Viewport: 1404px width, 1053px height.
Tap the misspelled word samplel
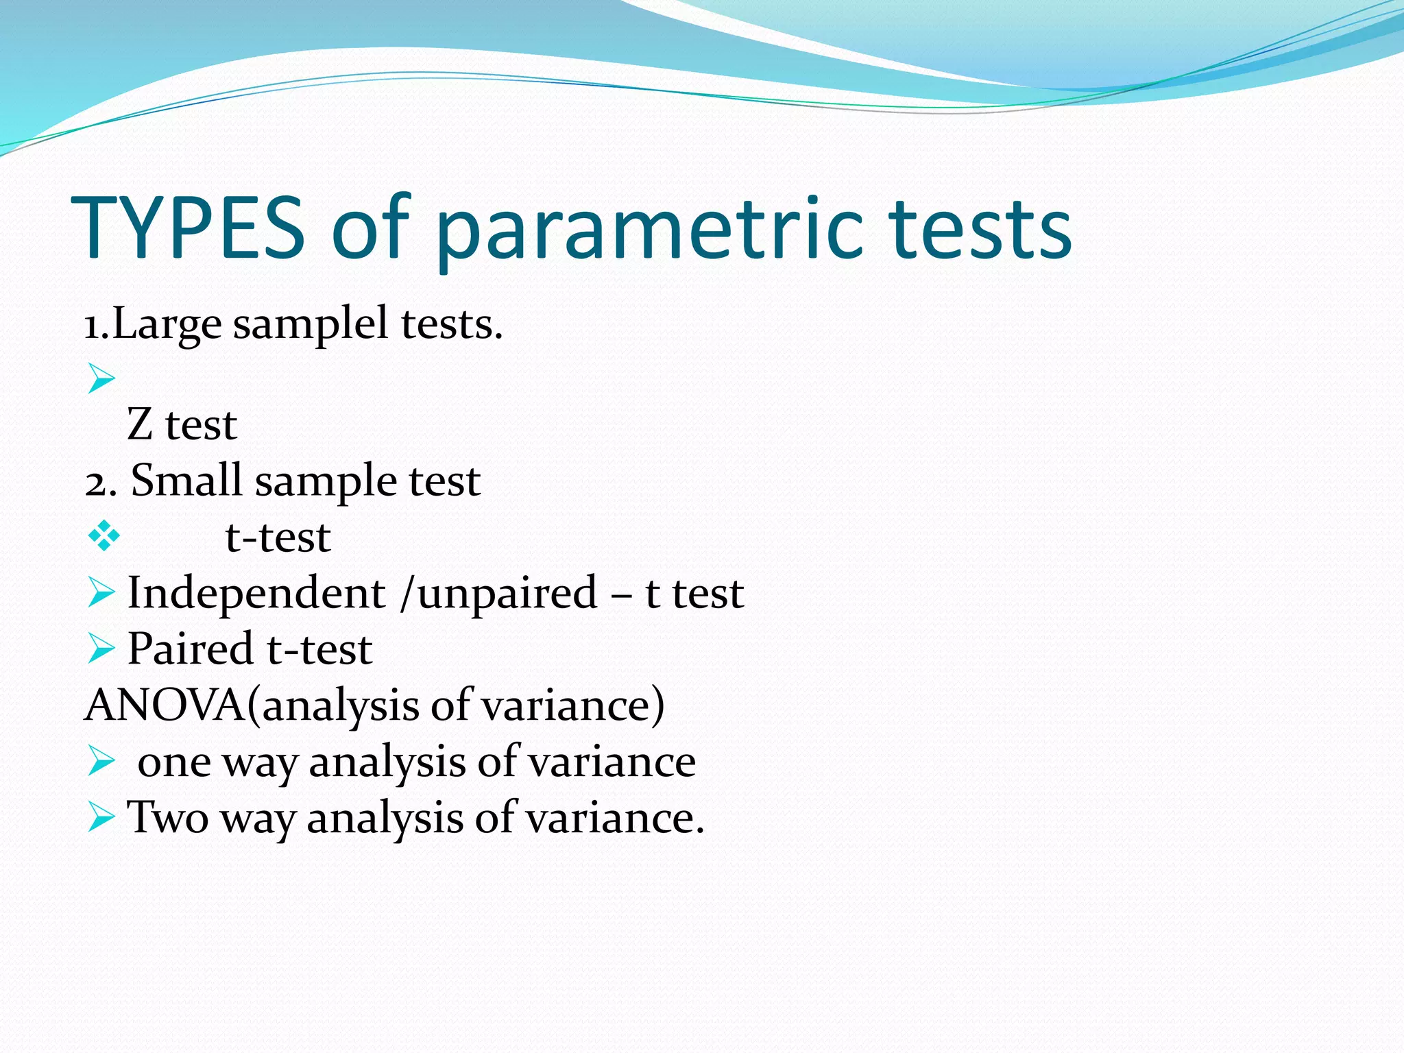[311, 324]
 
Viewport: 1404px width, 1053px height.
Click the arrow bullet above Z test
[101, 378]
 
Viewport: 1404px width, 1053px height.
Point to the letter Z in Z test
[140, 424]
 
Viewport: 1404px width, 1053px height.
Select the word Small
[186, 480]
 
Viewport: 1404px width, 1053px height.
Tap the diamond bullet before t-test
[104, 537]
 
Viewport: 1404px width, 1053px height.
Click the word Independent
[256, 593]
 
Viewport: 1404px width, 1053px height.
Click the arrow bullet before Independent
[101, 592]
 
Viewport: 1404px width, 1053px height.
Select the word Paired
[191, 649]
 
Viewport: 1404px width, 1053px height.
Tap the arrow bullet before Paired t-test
[101, 649]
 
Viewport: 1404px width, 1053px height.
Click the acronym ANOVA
[165, 705]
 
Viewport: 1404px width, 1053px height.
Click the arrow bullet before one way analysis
[101, 761]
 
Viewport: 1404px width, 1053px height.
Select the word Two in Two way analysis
[168, 818]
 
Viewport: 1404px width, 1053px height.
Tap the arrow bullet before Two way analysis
[101, 817]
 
